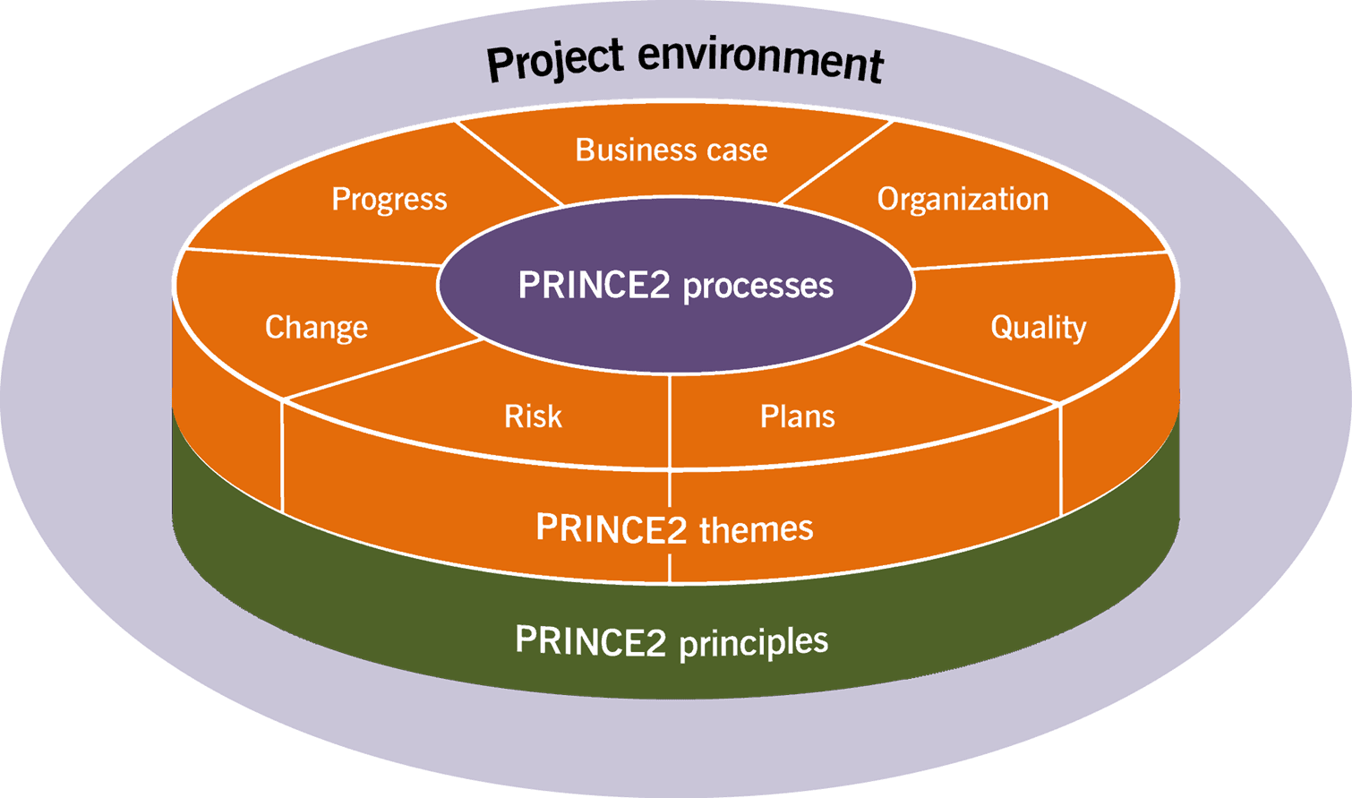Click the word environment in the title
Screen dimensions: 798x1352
[761, 61]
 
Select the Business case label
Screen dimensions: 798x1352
[672, 150]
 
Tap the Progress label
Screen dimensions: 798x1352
[389, 199]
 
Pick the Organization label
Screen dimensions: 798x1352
[963, 199]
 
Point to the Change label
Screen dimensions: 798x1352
[316, 328]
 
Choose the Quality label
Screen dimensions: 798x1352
[1038, 328]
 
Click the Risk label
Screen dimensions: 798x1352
[533, 416]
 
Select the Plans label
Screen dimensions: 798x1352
[797, 416]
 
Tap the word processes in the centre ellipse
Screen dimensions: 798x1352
[757, 286]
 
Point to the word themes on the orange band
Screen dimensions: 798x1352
[756, 529]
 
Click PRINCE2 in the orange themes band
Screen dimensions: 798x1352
[611, 528]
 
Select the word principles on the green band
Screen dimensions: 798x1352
[753, 642]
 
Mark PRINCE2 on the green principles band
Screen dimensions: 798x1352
[590, 641]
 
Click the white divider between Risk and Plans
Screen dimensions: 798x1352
[670, 421]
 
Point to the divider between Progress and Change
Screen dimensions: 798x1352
[313, 257]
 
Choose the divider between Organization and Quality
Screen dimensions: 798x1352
[1039, 261]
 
